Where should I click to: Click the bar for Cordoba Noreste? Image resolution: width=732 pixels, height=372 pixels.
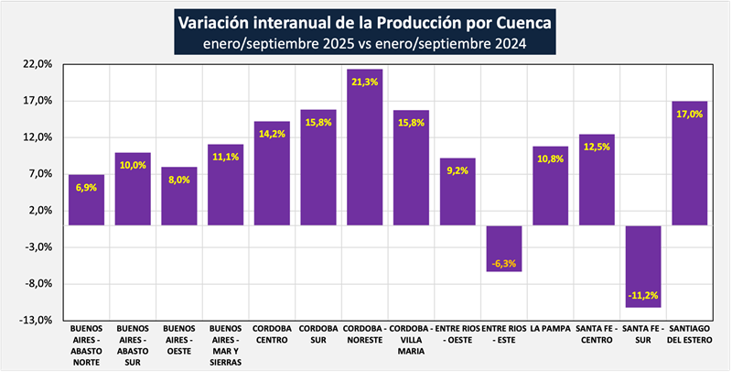tap(365, 147)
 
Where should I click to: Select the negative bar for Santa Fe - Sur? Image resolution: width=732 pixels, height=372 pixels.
tap(643, 266)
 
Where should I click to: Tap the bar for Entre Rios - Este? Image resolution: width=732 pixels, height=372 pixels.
tap(504, 248)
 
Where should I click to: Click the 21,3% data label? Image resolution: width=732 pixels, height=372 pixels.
tap(365, 82)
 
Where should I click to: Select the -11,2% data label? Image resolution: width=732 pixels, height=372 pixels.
tap(643, 294)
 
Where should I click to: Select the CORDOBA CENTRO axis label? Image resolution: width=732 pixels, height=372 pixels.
tap(272, 334)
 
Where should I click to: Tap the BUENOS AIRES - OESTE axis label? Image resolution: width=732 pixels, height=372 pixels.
tap(179, 339)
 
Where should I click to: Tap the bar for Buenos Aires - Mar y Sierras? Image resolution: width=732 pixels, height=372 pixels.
tap(226, 184)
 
